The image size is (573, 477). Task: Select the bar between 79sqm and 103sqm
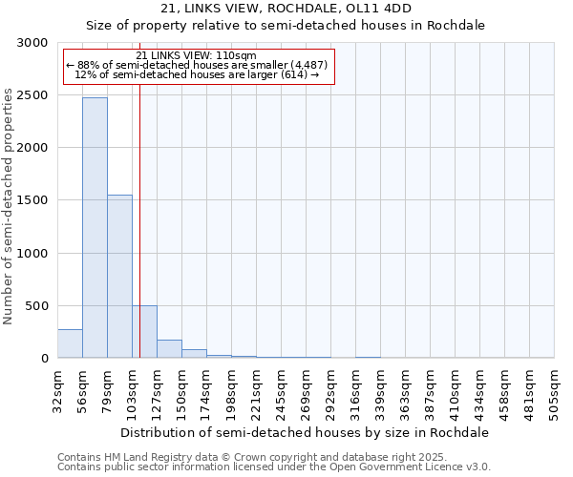(x=119, y=277)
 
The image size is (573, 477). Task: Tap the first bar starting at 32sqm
(x=70, y=343)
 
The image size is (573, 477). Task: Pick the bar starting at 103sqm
(x=144, y=332)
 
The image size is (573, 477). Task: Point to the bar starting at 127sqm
(x=169, y=349)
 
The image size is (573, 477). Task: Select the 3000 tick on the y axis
(x=32, y=43)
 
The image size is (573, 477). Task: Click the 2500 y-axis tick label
(x=32, y=95)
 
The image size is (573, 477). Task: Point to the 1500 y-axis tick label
(x=32, y=200)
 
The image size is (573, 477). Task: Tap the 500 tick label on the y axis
(x=35, y=306)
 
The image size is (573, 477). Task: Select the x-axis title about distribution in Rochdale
(x=306, y=432)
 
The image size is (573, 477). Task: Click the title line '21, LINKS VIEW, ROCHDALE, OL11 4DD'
(x=286, y=10)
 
